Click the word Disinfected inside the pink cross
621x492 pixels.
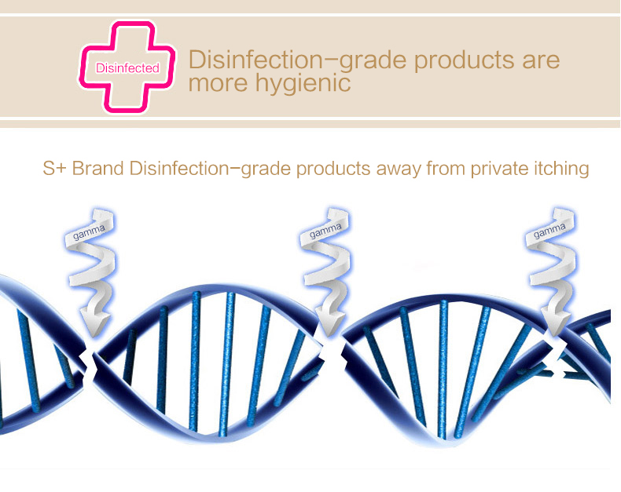[x=127, y=68]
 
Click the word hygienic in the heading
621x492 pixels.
[x=303, y=83]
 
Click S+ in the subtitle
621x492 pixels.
[x=55, y=169]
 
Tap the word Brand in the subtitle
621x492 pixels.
[x=97, y=169]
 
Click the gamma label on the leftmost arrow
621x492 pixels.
[x=89, y=232]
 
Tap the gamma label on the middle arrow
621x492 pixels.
[x=325, y=231]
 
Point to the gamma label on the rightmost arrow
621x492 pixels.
[x=549, y=231]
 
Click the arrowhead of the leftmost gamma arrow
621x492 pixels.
[x=94, y=323]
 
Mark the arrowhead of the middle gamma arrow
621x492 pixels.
[x=332, y=323]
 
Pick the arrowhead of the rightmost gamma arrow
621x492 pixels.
[x=555, y=323]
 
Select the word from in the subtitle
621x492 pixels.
[x=446, y=169]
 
